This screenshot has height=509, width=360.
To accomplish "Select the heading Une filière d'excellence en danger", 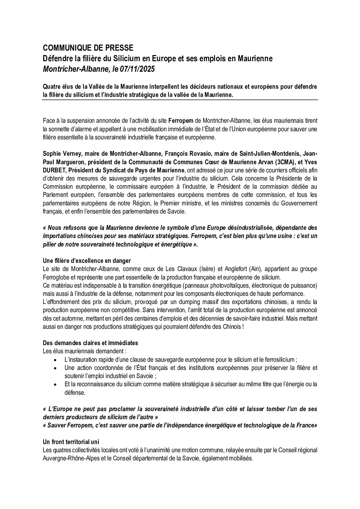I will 87,261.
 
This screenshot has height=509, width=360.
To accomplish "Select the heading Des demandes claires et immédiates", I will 91,343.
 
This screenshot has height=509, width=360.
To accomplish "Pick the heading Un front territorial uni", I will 71,442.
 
